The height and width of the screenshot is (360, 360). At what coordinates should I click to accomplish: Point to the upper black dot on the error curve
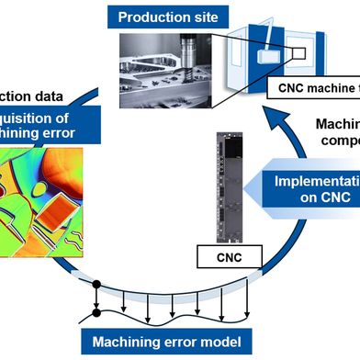(x=96, y=282)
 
